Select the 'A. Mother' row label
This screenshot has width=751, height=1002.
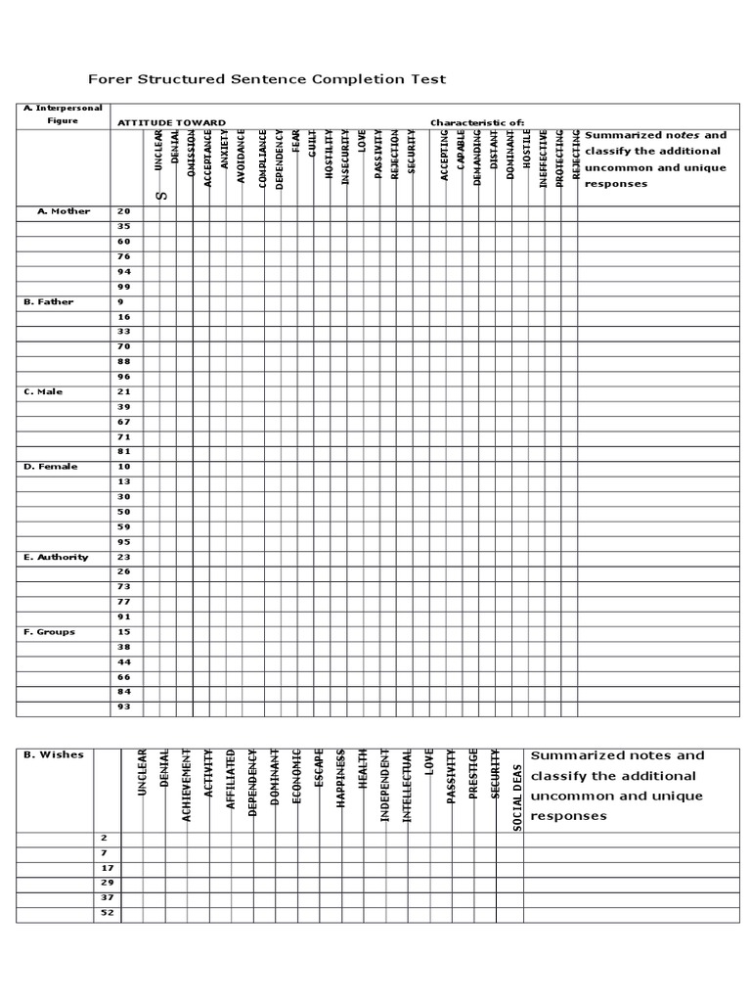tap(64, 211)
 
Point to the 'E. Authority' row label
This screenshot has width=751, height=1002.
tap(56, 557)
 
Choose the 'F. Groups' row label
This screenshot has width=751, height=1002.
tap(49, 632)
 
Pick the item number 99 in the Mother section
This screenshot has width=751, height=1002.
tap(124, 287)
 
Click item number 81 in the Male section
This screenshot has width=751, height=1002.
tap(124, 451)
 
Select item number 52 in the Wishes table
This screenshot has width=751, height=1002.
tap(108, 913)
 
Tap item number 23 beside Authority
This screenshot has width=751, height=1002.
tap(124, 557)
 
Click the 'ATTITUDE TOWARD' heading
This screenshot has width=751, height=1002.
tap(171, 123)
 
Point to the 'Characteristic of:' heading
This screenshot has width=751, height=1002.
tap(477, 123)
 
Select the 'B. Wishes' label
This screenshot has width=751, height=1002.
tap(54, 754)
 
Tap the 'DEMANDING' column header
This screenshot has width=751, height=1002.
tap(477, 158)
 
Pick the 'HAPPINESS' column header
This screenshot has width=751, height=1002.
tap(341, 780)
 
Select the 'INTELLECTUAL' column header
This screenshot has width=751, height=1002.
tap(408, 786)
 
